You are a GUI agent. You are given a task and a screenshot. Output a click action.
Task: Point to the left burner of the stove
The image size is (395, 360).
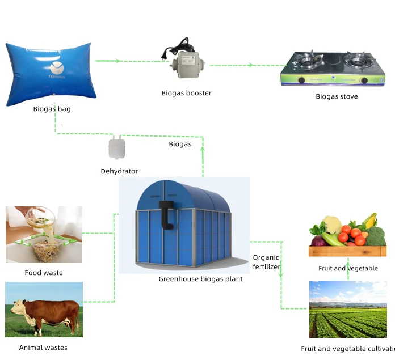point(306,60)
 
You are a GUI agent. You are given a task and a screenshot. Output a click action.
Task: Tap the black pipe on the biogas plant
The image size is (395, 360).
point(166,214)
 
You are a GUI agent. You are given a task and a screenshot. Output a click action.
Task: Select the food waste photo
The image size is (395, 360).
point(44,235)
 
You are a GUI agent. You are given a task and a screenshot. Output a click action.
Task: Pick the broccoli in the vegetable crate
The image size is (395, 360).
point(375,236)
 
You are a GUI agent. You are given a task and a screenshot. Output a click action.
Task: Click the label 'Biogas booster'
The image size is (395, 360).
point(186,93)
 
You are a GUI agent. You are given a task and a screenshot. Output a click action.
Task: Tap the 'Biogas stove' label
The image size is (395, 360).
point(337,96)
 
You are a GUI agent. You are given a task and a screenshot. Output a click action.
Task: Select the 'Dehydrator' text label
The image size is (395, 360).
point(119,171)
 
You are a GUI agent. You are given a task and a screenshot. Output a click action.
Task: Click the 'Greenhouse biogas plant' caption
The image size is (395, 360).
point(200,279)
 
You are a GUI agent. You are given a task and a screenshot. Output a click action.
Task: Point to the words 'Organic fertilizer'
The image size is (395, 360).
point(266,262)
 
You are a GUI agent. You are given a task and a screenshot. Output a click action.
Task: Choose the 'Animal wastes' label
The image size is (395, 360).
point(43,348)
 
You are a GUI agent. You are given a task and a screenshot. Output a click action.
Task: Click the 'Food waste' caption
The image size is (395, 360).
point(44,273)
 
